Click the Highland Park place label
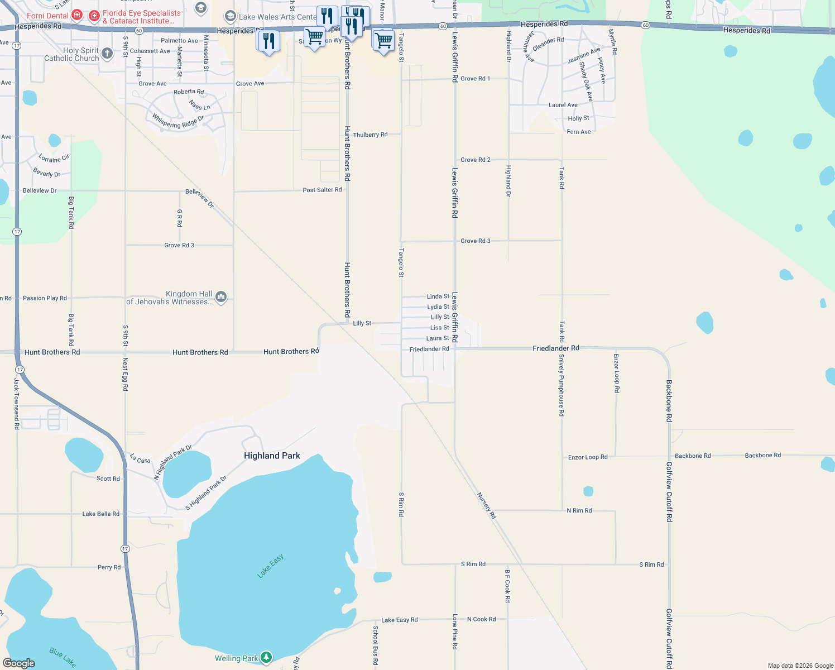[272, 456]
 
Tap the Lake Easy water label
[271, 566]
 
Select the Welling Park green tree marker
[267, 658]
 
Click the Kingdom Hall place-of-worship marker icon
[221, 297]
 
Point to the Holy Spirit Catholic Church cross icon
[107, 54]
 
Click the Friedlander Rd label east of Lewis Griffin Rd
[555, 348]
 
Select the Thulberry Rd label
[370, 135]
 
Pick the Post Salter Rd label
[322, 190]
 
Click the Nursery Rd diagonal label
[487, 506]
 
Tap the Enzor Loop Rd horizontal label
[588, 457]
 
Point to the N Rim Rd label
[579, 510]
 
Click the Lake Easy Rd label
[399, 620]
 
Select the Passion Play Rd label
[45, 298]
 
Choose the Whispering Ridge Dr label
[178, 121]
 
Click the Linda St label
[438, 296]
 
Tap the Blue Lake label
[63, 657]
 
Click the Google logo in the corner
[19, 663]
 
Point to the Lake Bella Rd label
[100, 514]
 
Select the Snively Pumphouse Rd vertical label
[562, 385]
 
